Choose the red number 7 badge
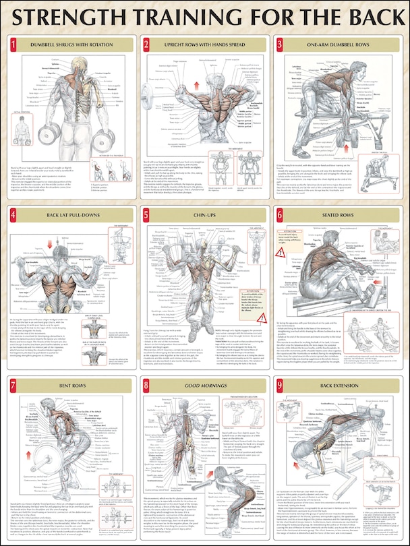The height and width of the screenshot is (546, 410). [x=13, y=384]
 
